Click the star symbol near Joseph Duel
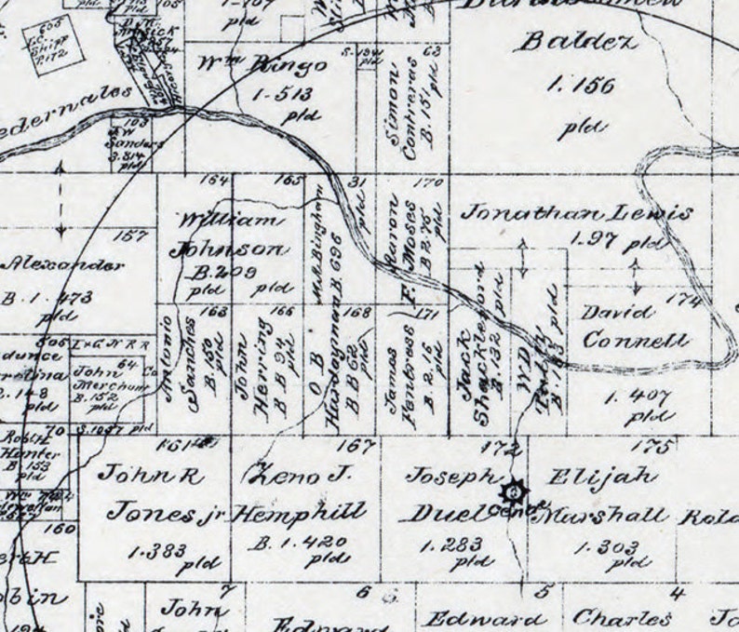(x=515, y=490)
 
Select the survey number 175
(x=657, y=447)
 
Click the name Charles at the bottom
(x=622, y=617)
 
